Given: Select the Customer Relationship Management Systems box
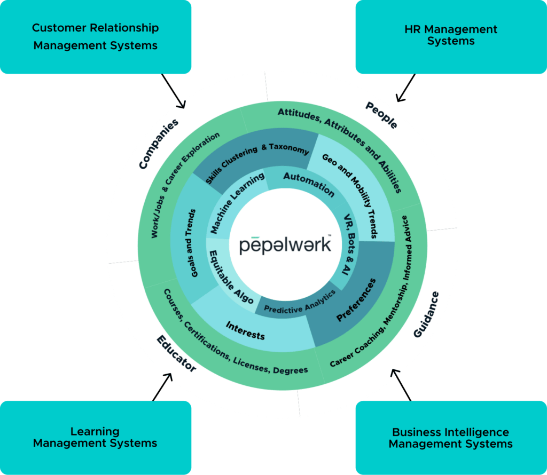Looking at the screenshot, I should point(96,36).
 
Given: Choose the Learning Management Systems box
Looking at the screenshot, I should point(96,437).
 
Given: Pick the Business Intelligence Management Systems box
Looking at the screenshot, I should point(451,437).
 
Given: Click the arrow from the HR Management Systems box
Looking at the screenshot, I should point(405,88).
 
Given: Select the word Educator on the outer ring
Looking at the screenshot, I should point(176,354).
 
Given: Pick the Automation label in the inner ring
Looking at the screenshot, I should point(309,184).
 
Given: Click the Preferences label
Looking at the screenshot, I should point(356,299).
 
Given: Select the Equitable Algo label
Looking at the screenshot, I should point(231,277).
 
